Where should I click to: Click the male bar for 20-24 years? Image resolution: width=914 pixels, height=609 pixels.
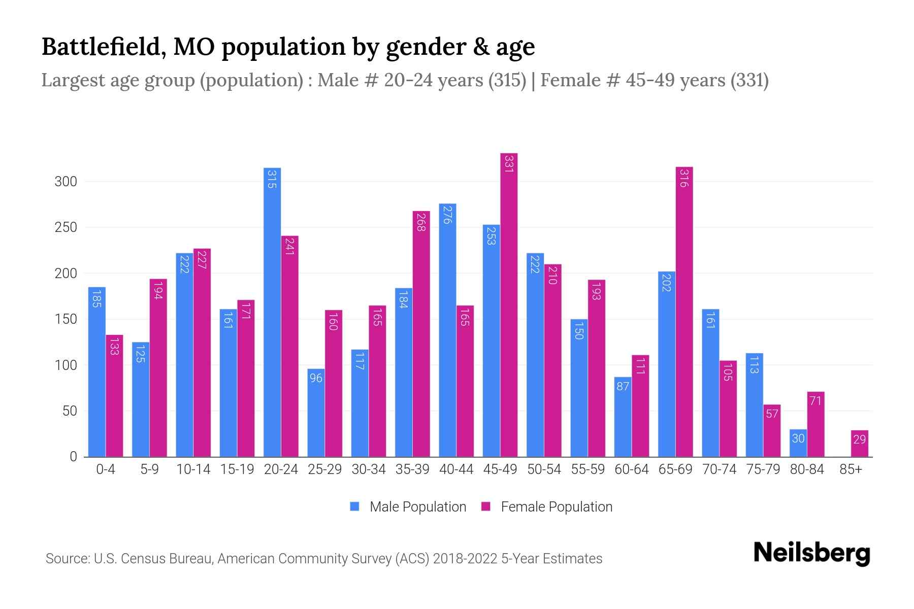click(272, 312)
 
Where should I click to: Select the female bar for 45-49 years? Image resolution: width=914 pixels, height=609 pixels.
click(509, 304)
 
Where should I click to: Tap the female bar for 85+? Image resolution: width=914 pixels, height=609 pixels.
click(860, 444)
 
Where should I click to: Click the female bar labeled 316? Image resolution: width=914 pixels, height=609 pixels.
click(684, 312)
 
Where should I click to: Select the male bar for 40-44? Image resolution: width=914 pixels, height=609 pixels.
click(447, 330)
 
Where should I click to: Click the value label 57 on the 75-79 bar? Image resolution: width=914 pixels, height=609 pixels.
click(772, 414)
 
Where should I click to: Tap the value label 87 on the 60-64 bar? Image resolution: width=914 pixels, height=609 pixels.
click(623, 386)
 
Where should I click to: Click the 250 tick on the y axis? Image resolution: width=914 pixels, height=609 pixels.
click(66, 227)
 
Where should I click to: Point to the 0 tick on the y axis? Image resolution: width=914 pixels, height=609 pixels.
click(73, 457)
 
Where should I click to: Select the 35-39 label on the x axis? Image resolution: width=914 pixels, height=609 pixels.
click(412, 469)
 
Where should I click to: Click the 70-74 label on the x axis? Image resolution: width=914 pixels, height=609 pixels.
click(719, 469)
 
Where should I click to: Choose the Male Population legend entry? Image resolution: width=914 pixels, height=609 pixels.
click(408, 507)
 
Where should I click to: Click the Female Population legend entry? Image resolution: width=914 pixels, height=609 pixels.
click(547, 507)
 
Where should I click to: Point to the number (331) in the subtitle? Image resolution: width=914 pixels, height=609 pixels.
click(749, 80)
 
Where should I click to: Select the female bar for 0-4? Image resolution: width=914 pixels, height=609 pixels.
click(114, 396)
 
